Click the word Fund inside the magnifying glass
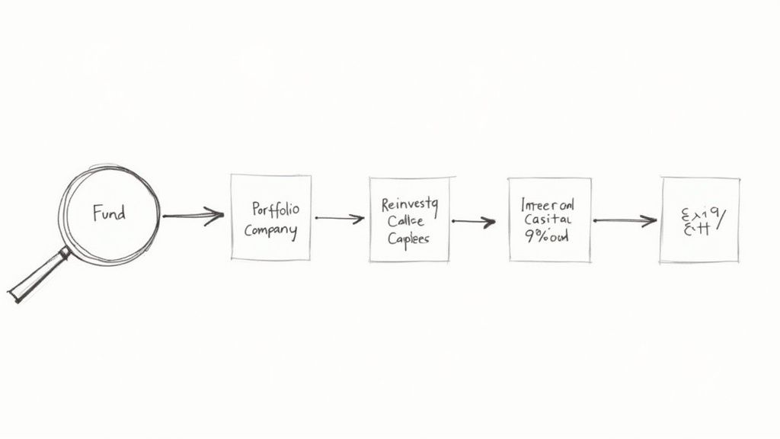point(109,213)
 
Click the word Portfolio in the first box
point(275,208)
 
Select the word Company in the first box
point(270,231)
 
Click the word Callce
point(408,220)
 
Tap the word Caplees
point(408,238)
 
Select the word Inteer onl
point(548,204)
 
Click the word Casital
point(548,220)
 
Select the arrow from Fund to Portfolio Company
point(193,216)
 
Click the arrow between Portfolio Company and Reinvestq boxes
point(339,219)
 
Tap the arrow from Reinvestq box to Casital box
point(473,222)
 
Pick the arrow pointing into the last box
point(625,221)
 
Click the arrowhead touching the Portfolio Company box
point(217,215)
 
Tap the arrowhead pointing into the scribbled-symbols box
point(650,221)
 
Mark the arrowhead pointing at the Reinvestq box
point(359,219)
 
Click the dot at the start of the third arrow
point(453,221)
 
